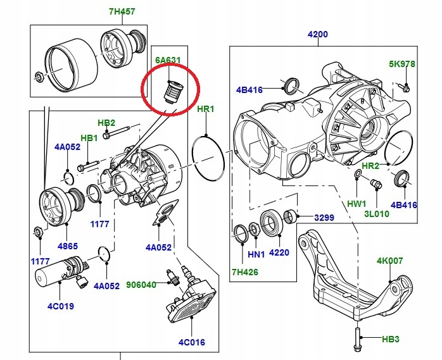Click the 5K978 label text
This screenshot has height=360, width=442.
tap(401, 65)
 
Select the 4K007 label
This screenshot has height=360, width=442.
tap(390, 260)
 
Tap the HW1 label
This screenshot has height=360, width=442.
tap(357, 204)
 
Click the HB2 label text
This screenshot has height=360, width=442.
tap(106, 122)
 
